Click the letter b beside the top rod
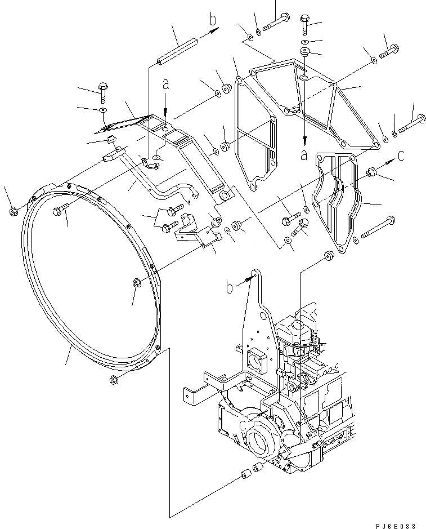213,20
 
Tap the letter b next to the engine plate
229,288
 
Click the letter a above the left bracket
165,85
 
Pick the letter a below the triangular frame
304,154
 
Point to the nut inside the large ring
136,283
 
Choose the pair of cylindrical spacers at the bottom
252,471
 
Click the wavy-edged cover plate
335,200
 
